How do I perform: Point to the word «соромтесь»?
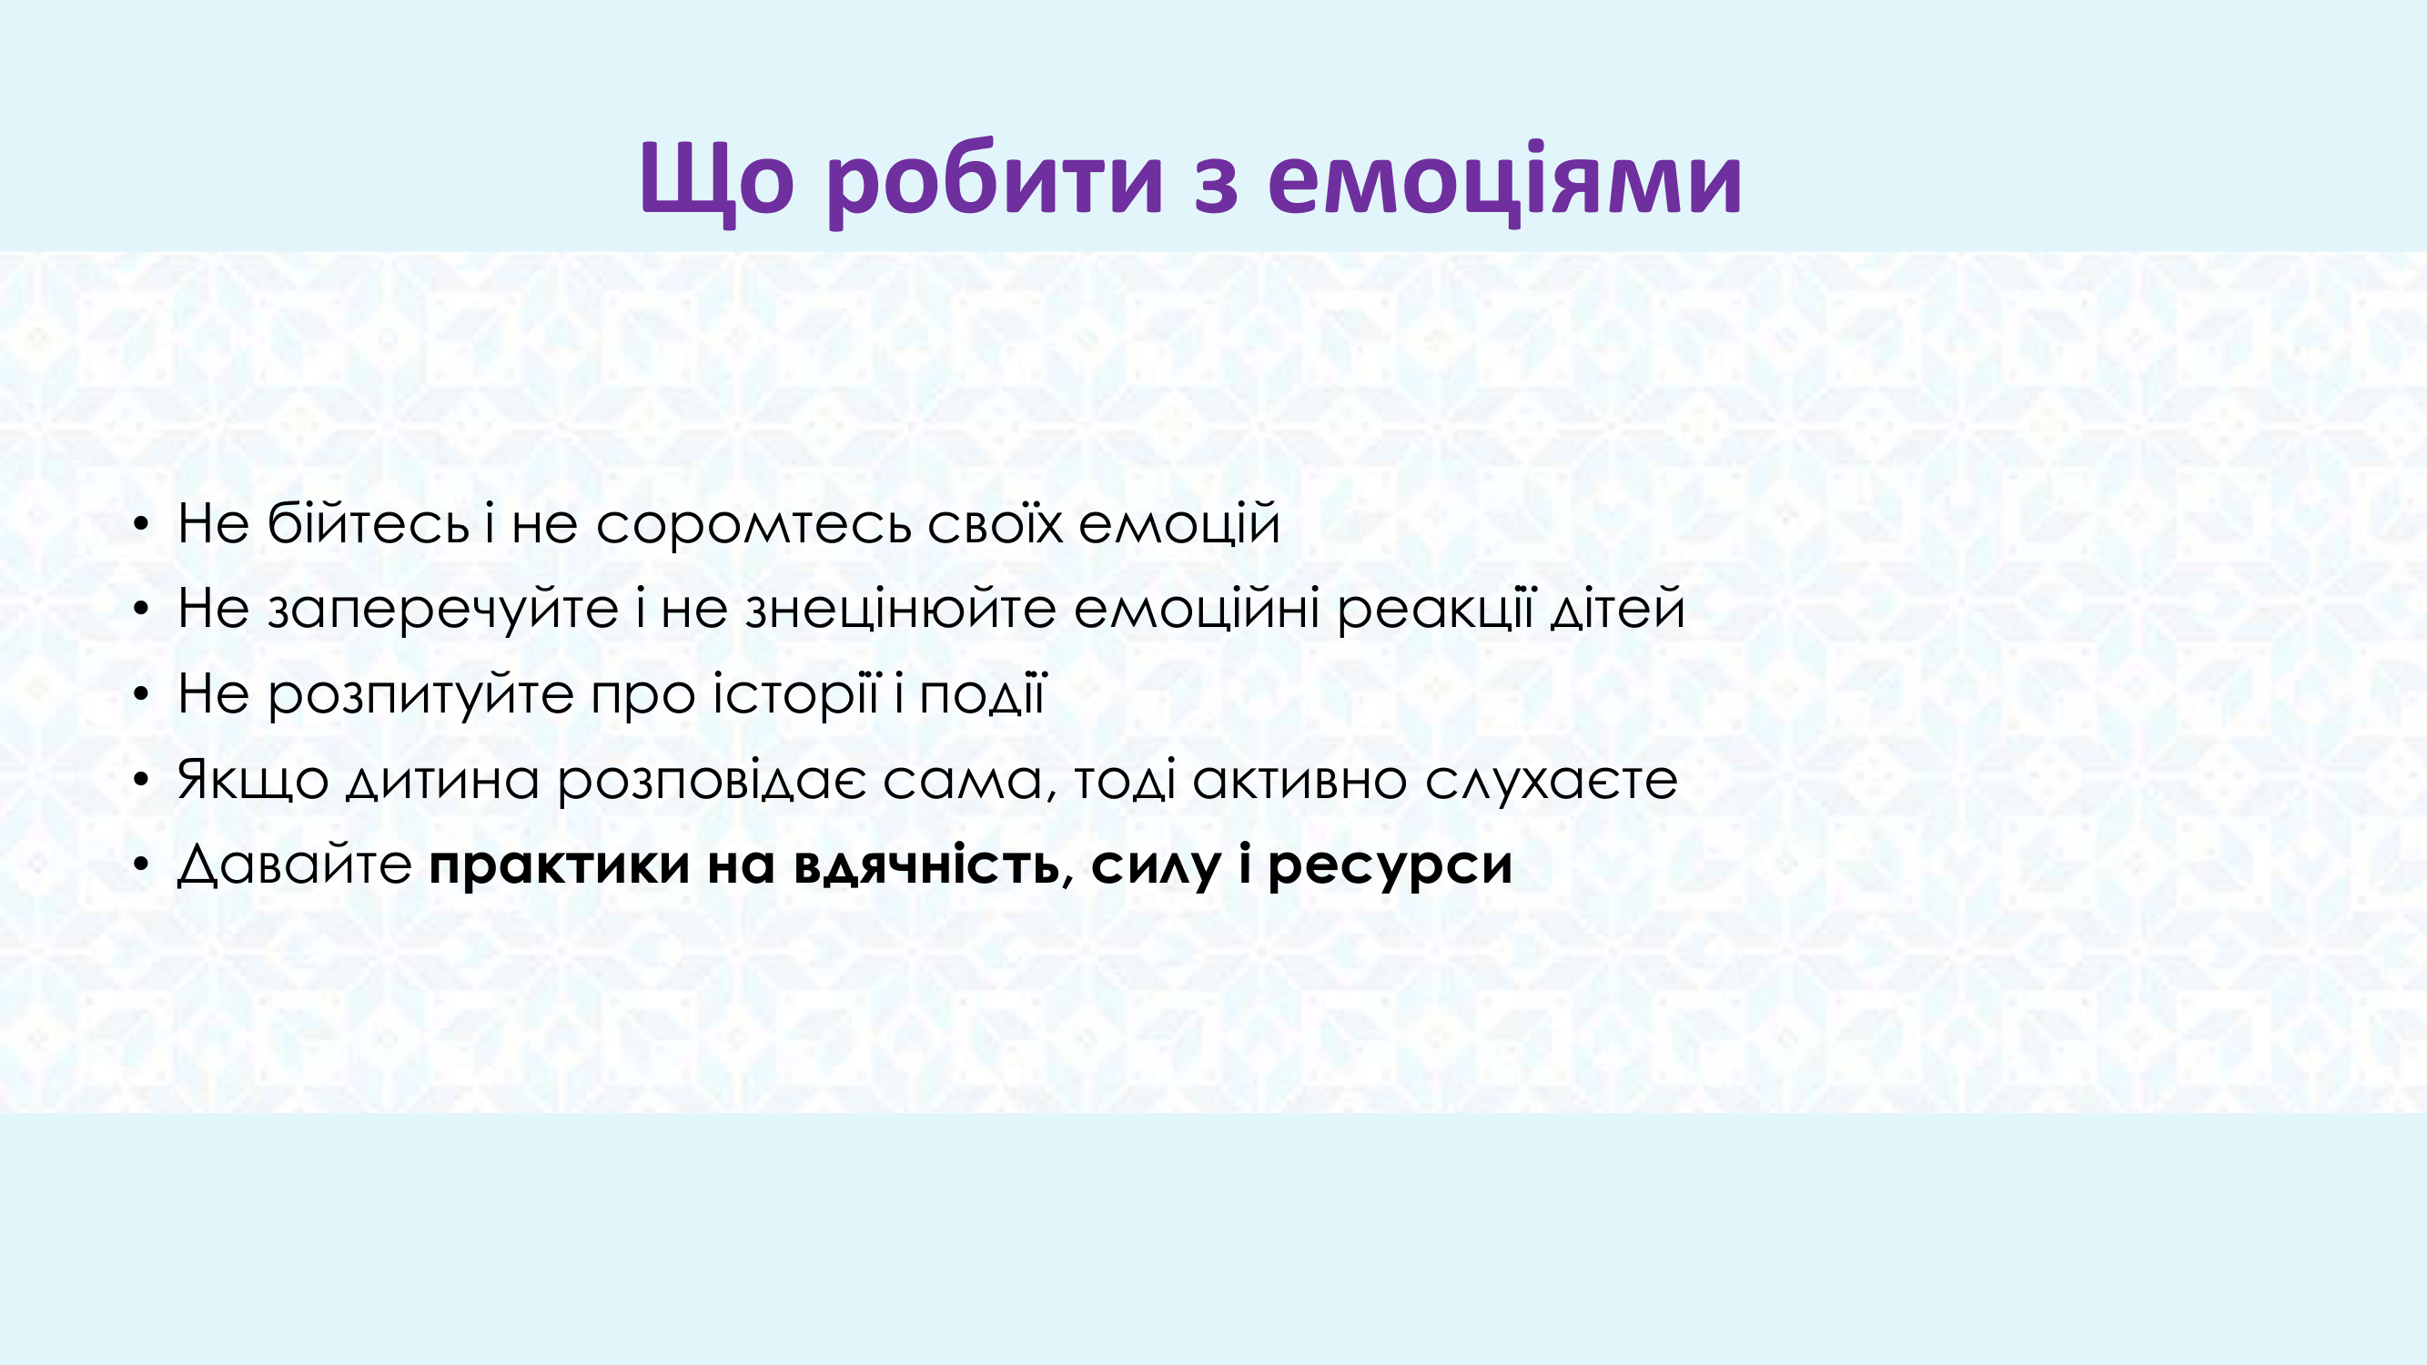(753, 524)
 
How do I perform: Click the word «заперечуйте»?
(443, 609)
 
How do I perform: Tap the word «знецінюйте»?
(901, 608)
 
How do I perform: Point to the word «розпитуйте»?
(421, 694)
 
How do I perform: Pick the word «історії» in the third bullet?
(796, 694)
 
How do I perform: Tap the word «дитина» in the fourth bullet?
(442, 781)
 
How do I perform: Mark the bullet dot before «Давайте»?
(141, 864)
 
